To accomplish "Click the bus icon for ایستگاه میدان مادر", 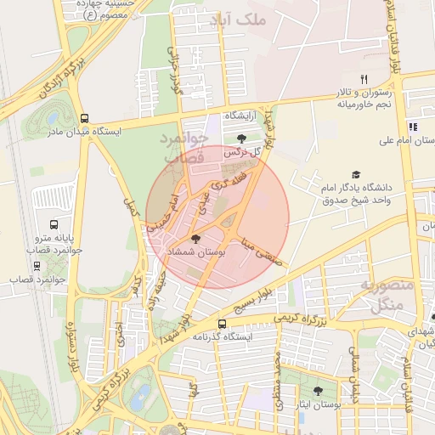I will [x=84, y=118].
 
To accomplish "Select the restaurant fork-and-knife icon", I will [x=364, y=79].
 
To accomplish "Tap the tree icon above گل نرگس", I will [x=242, y=138].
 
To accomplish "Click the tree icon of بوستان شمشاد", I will [x=197, y=240].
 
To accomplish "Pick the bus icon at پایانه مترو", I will [x=54, y=225].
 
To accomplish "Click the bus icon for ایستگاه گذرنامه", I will [x=223, y=324].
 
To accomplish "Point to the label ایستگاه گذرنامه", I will [x=222, y=337].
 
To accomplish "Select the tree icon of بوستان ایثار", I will [x=319, y=392].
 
